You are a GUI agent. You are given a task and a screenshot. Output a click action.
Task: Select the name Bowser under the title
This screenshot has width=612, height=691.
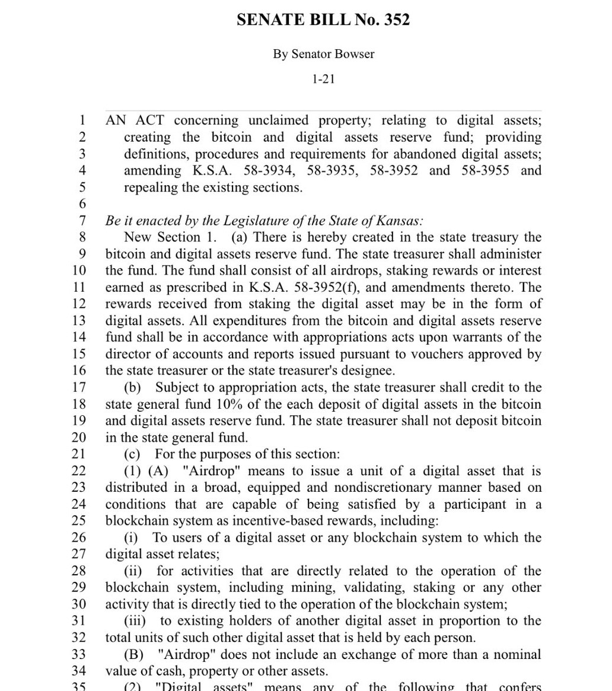pos(354,54)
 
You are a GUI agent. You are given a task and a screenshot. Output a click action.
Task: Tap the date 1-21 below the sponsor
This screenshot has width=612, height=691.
pos(324,79)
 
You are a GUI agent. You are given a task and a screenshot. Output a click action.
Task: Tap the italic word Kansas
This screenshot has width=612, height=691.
pos(401,221)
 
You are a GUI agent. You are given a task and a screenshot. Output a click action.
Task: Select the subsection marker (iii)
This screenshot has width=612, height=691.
pos(135,621)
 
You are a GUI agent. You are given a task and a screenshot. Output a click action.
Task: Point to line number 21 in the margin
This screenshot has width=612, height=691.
pos(79,454)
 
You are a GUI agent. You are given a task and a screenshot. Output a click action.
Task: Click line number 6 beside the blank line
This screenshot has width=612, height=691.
pos(82,204)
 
